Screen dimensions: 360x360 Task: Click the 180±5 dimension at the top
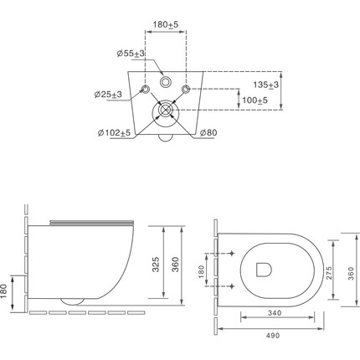165,24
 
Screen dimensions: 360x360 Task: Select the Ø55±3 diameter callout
131,54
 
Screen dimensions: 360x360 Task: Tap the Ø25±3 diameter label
108,95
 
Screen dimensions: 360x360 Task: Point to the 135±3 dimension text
265,85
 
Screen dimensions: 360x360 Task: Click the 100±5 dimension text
255,100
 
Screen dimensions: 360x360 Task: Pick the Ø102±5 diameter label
114,133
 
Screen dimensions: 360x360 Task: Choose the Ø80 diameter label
208,133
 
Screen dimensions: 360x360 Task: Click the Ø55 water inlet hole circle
166,82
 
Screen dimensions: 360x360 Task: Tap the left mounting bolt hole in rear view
146,89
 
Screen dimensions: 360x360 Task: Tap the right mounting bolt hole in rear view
186,89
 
